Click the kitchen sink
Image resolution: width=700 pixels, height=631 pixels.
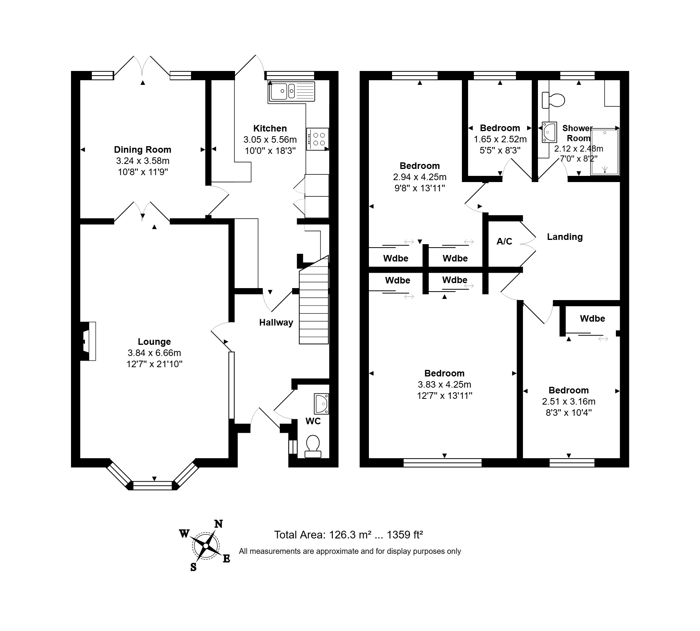pos(292,91)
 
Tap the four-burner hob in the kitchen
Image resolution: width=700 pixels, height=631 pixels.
pos(318,139)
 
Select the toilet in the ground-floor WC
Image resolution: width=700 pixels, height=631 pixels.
pos(313,447)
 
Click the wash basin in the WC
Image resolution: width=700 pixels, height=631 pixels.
pos(321,404)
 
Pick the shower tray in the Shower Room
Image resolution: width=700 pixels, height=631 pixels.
pos(605,152)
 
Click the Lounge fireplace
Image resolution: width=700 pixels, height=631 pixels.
pos(88,341)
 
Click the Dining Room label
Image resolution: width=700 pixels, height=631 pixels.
pos(143,150)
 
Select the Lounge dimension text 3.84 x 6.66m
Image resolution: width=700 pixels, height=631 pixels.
pos(154,353)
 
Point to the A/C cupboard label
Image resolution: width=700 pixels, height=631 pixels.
pos(504,241)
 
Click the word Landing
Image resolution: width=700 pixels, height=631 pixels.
pos(565,237)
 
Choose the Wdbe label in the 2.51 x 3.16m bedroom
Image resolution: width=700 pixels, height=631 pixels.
pos(592,319)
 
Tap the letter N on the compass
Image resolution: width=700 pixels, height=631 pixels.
pos(218,524)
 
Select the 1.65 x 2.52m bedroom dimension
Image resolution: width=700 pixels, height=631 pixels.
pos(500,139)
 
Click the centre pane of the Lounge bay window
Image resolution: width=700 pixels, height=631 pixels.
pos(152,485)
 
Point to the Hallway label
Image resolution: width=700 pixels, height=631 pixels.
pos(276,322)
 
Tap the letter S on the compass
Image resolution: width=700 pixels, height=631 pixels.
pos(193,567)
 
